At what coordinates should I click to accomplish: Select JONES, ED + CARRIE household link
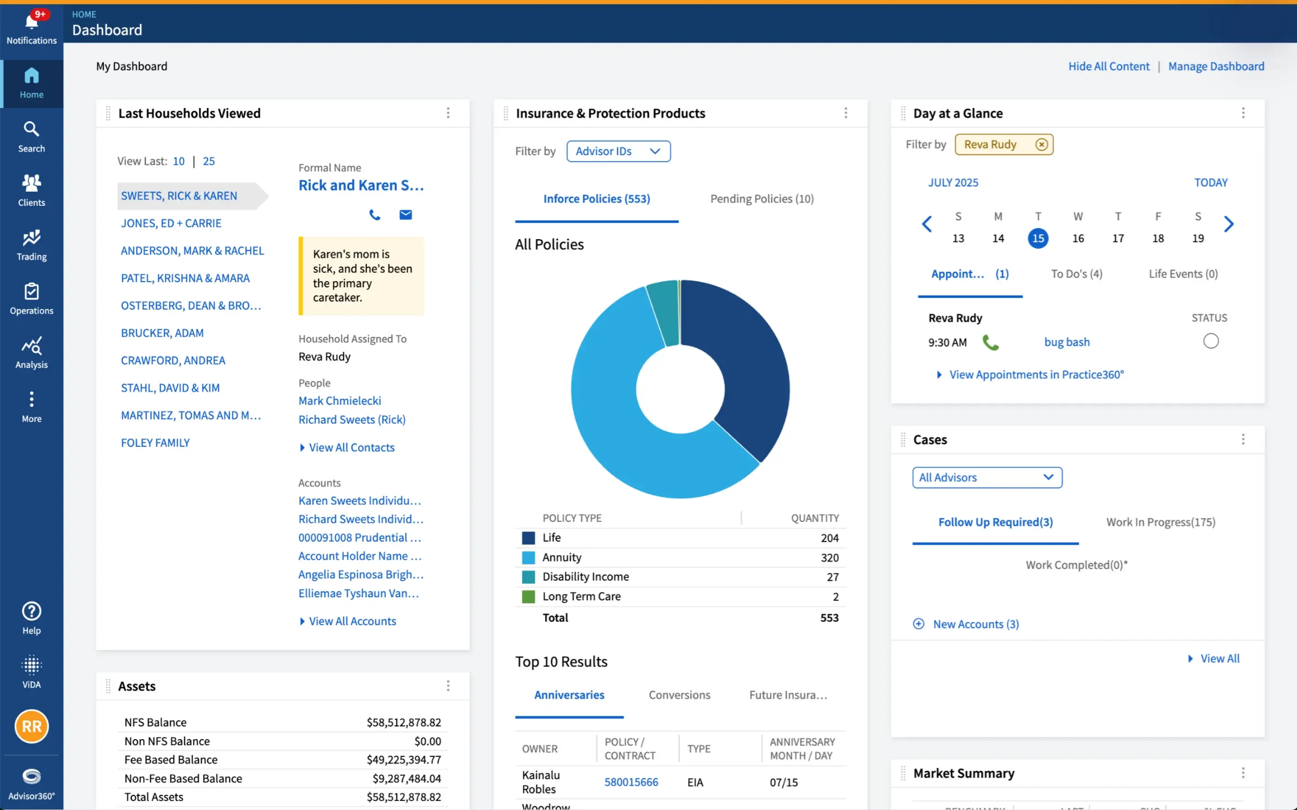pos(171,223)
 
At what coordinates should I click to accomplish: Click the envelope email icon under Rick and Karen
pos(405,215)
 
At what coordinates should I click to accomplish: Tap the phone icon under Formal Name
pos(375,215)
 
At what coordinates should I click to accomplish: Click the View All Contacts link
pos(351,447)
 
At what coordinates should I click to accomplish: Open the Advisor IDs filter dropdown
pos(618,151)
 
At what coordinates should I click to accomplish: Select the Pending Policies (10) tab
pos(761,199)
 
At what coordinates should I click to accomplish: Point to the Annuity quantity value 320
pos(829,557)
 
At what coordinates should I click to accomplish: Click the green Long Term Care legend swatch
pos(528,596)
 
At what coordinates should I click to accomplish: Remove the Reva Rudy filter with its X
pos(1041,145)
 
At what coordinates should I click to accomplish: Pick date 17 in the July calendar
pos(1118,238)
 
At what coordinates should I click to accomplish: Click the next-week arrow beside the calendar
pos(1228,224)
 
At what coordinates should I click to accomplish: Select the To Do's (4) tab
pos(1076,274)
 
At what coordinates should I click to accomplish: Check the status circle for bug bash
pos(1210,341)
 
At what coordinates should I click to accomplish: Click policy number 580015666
pos(630,782)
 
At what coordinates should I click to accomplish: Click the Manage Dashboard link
pos(1216,66)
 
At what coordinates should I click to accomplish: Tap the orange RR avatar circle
pos(32,726)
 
